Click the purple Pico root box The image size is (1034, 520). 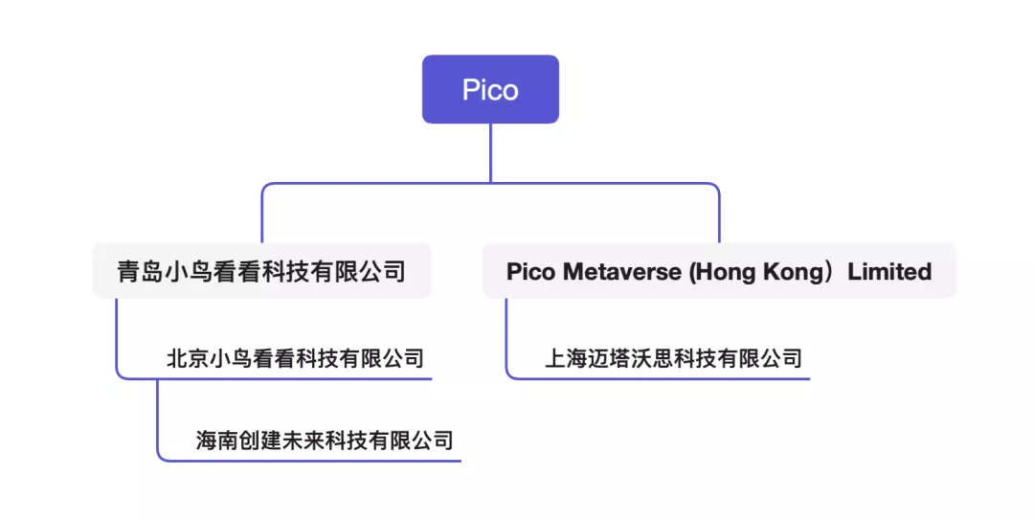490,89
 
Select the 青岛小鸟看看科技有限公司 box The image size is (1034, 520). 261,271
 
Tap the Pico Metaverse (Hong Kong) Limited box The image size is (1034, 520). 719,271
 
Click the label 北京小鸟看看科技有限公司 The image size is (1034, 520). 295,359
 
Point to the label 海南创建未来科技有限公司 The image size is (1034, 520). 325,441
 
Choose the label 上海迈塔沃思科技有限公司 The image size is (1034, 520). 673,359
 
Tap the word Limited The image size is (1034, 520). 889,272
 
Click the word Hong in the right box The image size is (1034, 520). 725,272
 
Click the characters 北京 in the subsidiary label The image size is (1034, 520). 183,359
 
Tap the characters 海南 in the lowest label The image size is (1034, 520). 213,441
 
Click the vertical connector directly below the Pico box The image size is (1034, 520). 490,152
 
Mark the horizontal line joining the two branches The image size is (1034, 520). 490,184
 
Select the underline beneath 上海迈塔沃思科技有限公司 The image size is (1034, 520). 670,378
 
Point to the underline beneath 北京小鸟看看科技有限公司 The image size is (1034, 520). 297,378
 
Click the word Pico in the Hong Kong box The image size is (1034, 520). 530,272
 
